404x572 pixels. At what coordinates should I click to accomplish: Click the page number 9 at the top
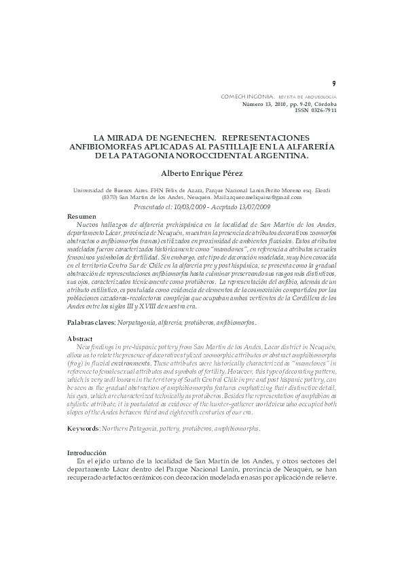click(x=333, y=84)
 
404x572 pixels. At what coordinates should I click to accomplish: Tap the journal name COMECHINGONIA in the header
click(x=249, y=97)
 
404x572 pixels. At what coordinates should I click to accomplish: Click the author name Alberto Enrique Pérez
click(x=202, y=173)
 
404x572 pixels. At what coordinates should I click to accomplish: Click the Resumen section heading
click(x=82, y=215)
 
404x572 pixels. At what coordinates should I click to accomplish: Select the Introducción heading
click(x=86, y=452)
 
